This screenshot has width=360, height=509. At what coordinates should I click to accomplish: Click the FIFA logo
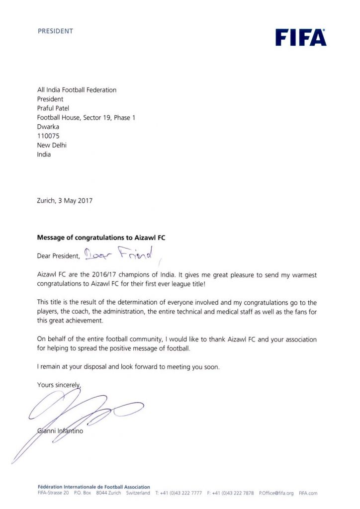300,37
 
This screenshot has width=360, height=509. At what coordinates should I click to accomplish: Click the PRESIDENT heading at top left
55,31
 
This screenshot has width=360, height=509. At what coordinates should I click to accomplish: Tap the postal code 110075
48,136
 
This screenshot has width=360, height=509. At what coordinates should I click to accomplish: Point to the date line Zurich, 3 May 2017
65,201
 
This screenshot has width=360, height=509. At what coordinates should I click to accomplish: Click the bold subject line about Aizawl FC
101,238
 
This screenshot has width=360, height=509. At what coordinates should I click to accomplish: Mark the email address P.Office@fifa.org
276,493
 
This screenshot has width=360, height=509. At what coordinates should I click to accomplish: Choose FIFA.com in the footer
308,493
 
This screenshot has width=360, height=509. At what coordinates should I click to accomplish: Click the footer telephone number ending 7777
179,493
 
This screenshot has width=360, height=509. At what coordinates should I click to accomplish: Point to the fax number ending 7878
230,493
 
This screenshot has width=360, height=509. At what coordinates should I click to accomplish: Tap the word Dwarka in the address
48,126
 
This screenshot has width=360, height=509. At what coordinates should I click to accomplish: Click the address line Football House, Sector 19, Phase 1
86,117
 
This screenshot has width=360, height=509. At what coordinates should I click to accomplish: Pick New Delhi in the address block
52,145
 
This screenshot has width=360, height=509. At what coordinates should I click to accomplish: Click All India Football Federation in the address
77,90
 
